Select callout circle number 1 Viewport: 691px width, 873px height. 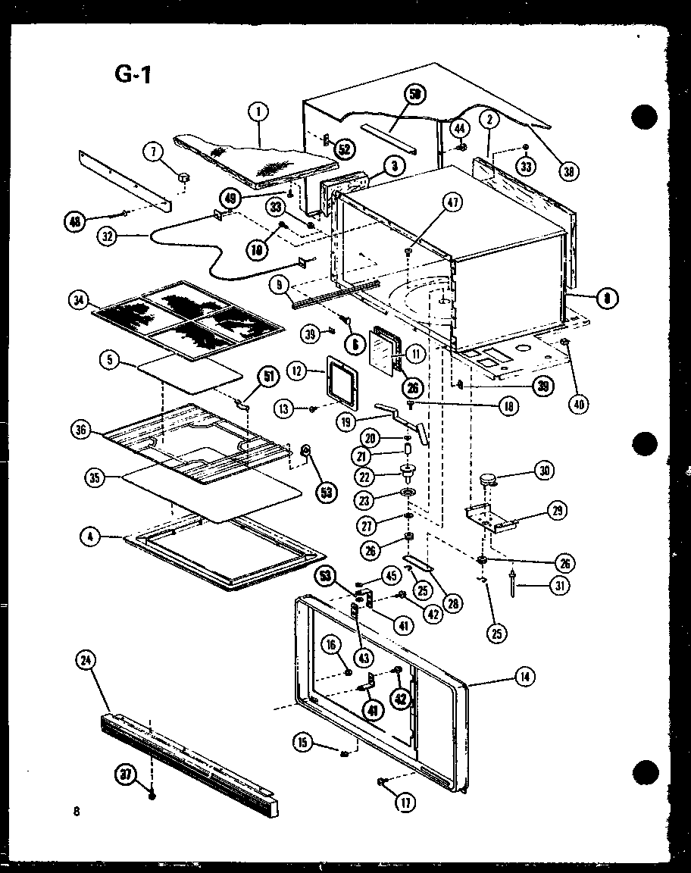pos(258,113)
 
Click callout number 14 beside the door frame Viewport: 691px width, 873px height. pos(523,677)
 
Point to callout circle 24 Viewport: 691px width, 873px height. pos(86,660)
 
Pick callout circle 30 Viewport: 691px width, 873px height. pos(542,471)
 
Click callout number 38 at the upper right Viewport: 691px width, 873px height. pos(568,171)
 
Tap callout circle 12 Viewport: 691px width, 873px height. pos(297,371)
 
